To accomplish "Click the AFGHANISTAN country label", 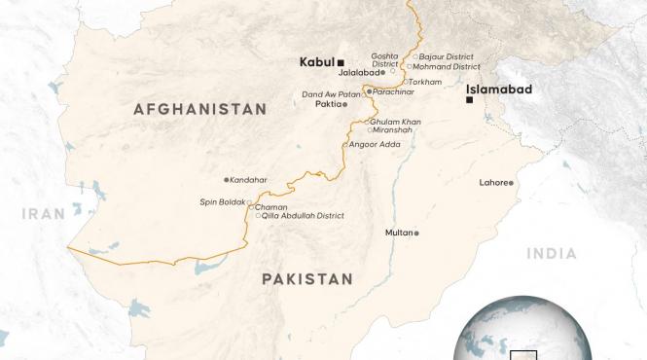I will pos(199,110).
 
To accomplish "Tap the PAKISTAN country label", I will pos(306,278).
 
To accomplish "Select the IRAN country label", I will pos(46,214).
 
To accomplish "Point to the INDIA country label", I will pos(552,253).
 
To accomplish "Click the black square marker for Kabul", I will pos(341,61).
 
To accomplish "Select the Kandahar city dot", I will pos(226,180).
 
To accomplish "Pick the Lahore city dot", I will pos(510,183).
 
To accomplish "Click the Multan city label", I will pos(398,234).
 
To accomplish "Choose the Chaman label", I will pos(270,207).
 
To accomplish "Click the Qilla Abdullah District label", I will pos(304,216).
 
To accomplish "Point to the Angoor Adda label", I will pos(374,144).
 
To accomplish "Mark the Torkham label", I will pos(429,82).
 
